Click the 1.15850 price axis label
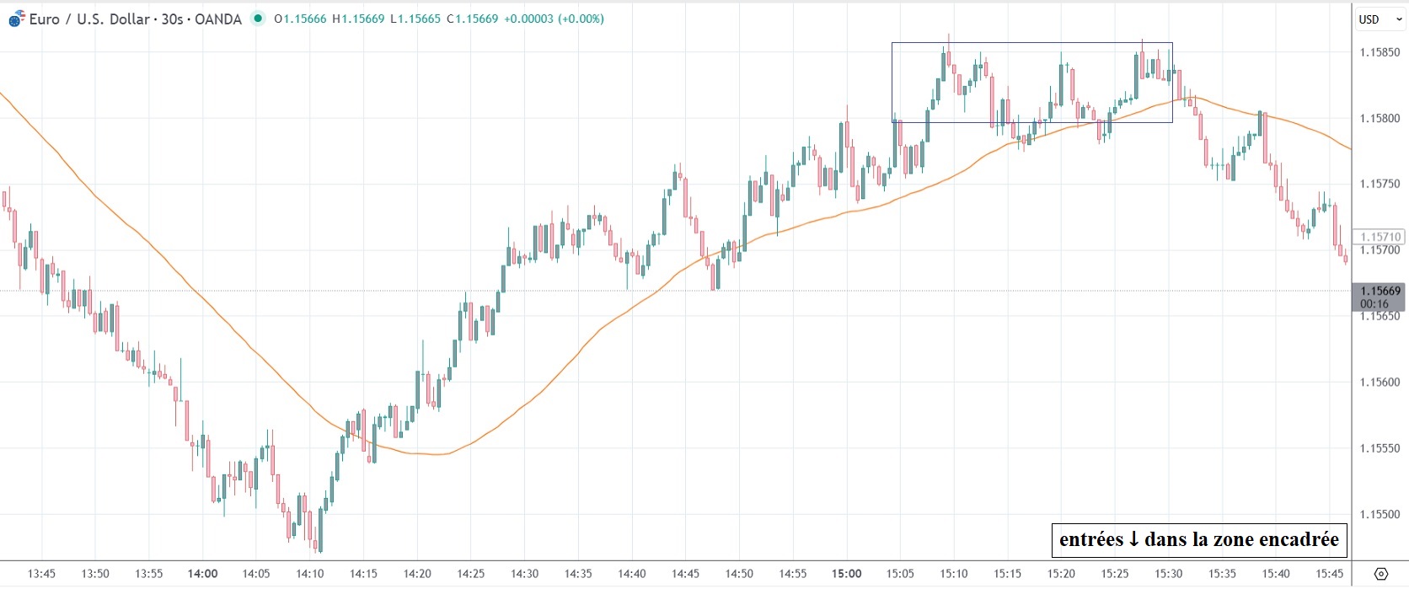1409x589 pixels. pyautogui.click(x=1380, y=52)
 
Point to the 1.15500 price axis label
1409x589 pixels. pyautogui.click(x=1380, y=514)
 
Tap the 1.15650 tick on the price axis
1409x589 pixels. pyautogui.click(x=1380, y=316)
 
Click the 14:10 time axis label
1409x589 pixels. pyautogui.click(x=310, y=574)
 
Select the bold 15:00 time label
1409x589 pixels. pyautogui.click(x=847, y=574)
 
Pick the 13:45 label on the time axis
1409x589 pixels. pyautogui.click(x=41, y=574)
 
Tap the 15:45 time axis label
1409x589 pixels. pyautogui.click(x=1330, y=574)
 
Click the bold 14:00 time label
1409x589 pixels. pyautogui.click(x=203, y=574)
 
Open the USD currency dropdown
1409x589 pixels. pyautogui.click(x=1378, y=19)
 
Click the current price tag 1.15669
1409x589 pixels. pyautogui.click(x=1380, y=292)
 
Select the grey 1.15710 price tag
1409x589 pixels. pyautogui.click(x=1380, y=238)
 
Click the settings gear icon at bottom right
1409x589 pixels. pyautogui.click(x=1380, y=574)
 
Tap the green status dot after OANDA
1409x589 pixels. pyautogui.click(x=258, y=19)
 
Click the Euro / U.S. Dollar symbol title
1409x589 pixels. pyautogui.click(x=89, y=19)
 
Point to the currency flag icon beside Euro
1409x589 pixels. pyautogui.click(x=17, y=19)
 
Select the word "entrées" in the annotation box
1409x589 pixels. pyautogui.click(x=1090, y=539)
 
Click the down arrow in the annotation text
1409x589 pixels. pyautogui.click(x=1133, y=539)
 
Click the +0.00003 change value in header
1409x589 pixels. pyautogui.click(x=528, y=19)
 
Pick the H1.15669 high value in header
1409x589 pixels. pyautogui.click(x=359, y=19)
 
